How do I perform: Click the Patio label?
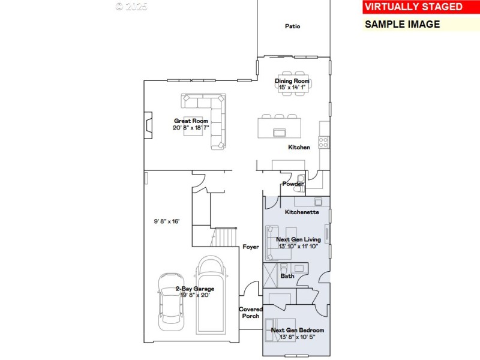[293, 26]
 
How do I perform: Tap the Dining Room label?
[292, 81]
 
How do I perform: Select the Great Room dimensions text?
[191, 127]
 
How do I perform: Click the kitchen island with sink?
[280, 128]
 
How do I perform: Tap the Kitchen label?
[299, 147]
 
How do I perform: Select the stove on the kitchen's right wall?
[323, 142]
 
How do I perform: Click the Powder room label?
[293, 184]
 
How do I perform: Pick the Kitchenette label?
[302, 212]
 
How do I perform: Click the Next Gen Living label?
[298, 239]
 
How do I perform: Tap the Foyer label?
[250, 247]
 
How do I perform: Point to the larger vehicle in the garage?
[210, 294]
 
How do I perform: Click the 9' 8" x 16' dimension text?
[166, 221]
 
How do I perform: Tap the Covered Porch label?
[250, 313]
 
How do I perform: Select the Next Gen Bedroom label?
[298, 330]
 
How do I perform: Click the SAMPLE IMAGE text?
[403, 25]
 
